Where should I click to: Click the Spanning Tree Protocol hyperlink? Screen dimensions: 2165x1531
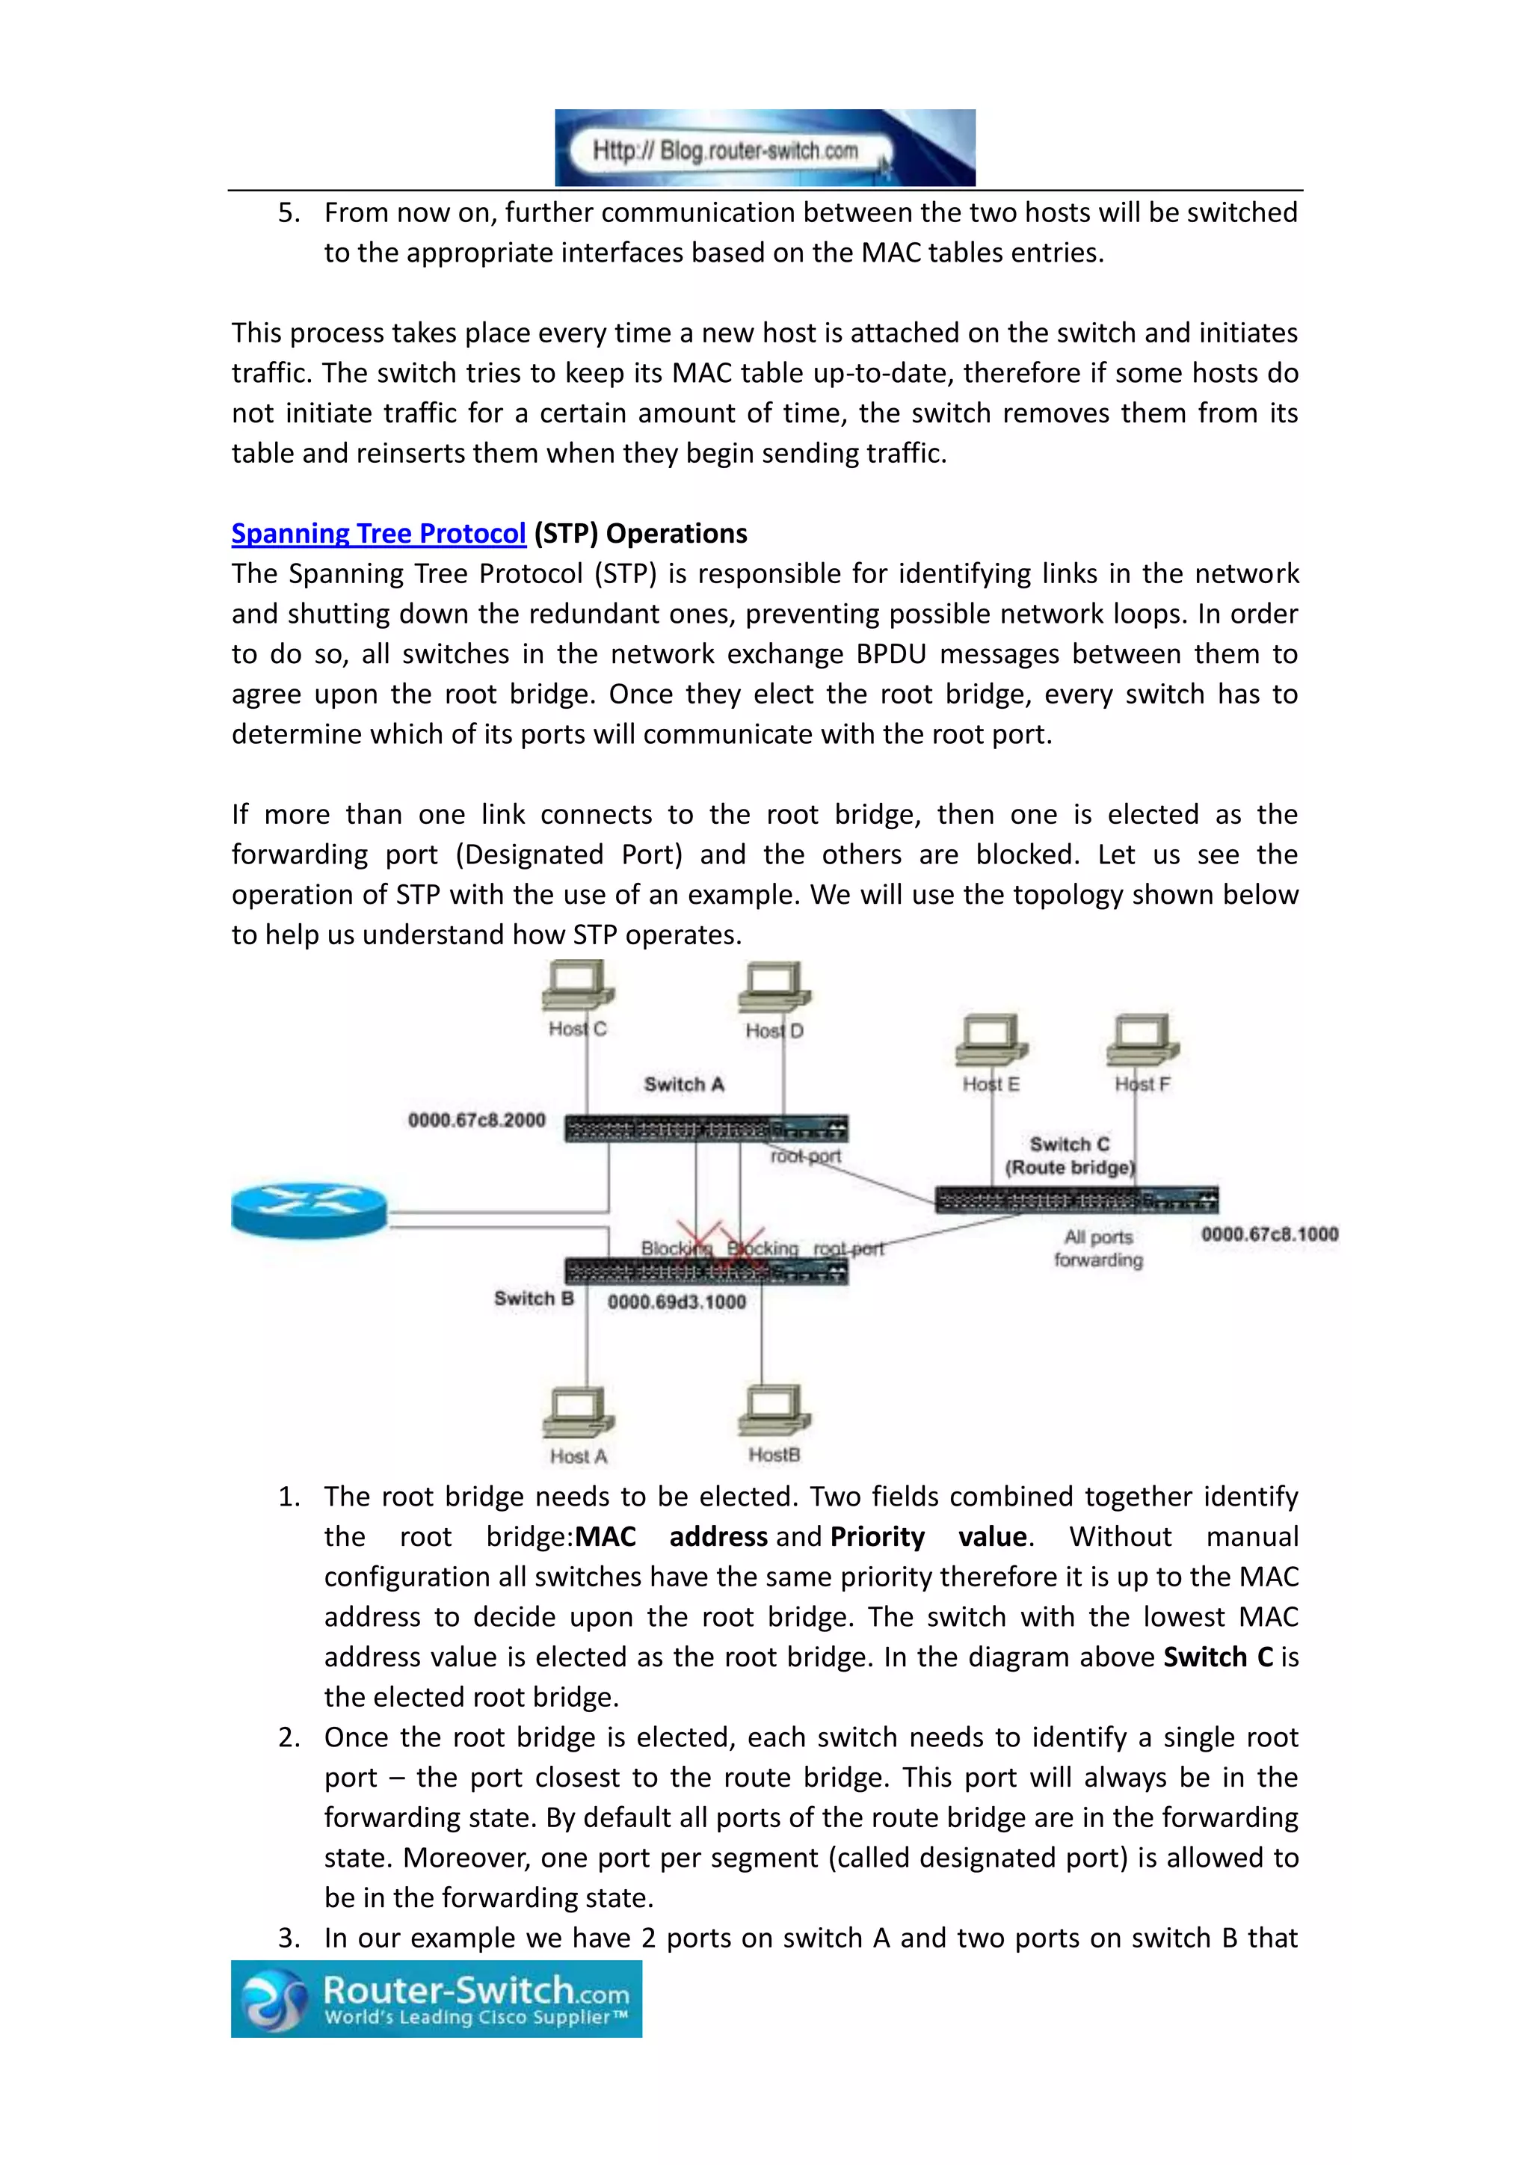click(x=378, y=534)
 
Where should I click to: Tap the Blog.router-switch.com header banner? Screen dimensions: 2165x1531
click(x=765, y=148)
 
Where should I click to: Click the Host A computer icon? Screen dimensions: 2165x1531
click(x=578, y=1414)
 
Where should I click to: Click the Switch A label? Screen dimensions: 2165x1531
click(x=683, y=1085)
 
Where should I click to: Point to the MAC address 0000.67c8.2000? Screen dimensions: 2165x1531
click(x=476, y=1120)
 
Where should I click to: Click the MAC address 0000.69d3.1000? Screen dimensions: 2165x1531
click(x=676, y=1302)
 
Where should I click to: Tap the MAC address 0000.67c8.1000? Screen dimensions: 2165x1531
click(x=1269, y=1234)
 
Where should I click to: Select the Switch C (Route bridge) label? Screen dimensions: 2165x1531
click(x=1070, y=1156)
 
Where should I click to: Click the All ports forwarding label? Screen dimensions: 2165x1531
click(x=1098, y=1248)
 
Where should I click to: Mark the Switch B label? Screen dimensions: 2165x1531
click(x=534, y=1299)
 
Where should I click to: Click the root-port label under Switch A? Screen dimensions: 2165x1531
click(x=805, y=1156)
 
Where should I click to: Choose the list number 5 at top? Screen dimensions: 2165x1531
click(x=288, y=213)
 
